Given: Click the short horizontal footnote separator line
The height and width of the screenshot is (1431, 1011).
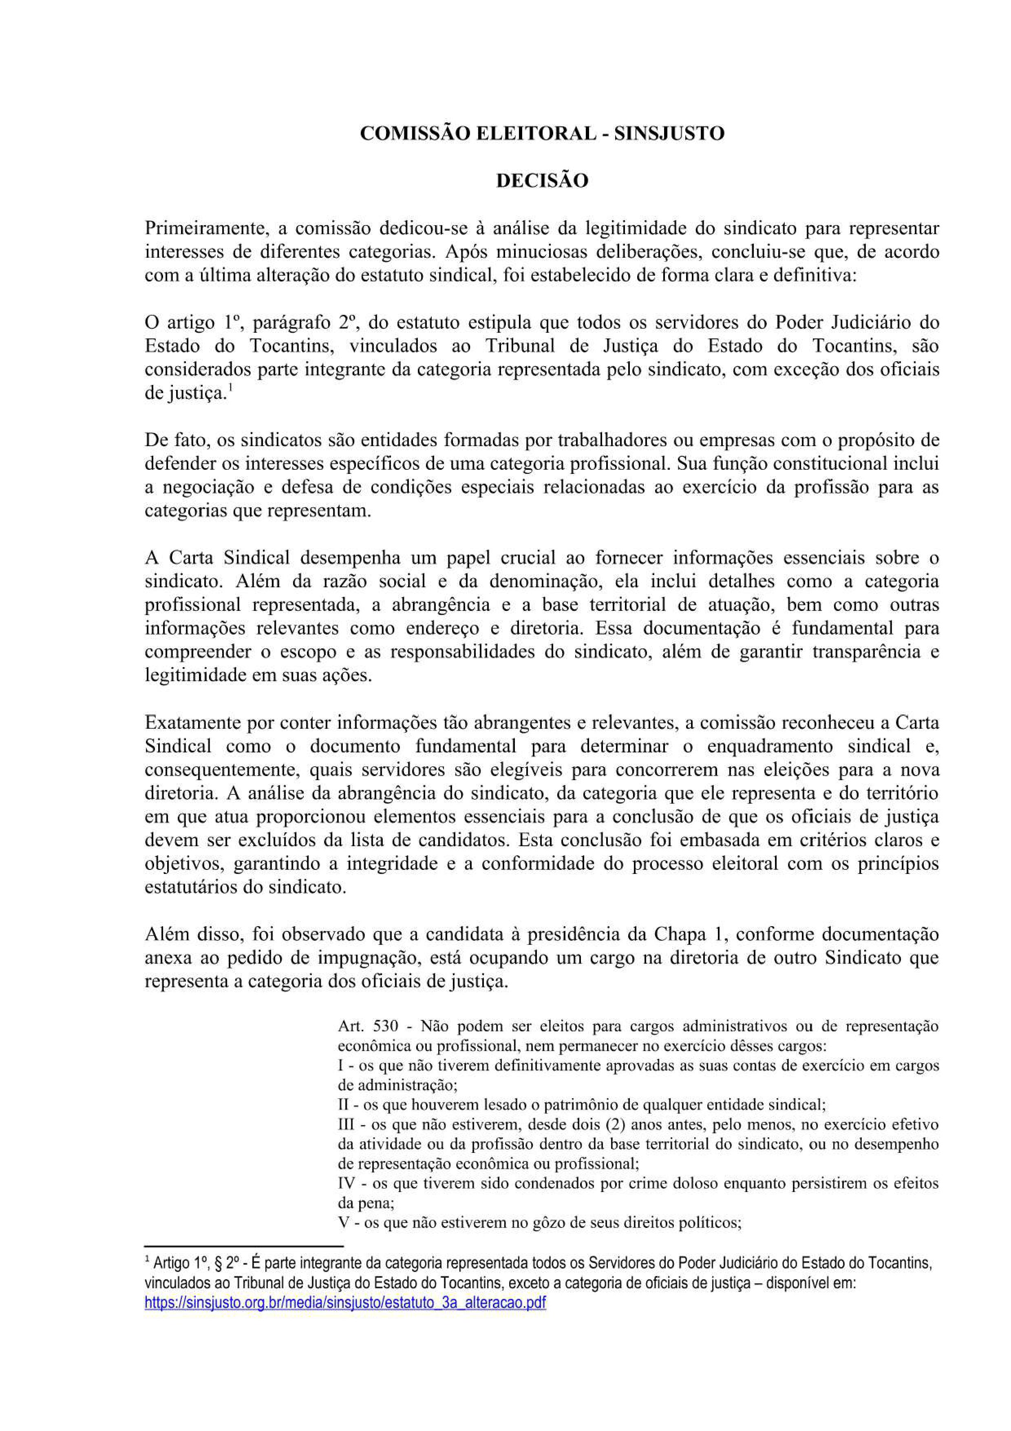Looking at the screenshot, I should click(x=243, y=1245).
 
